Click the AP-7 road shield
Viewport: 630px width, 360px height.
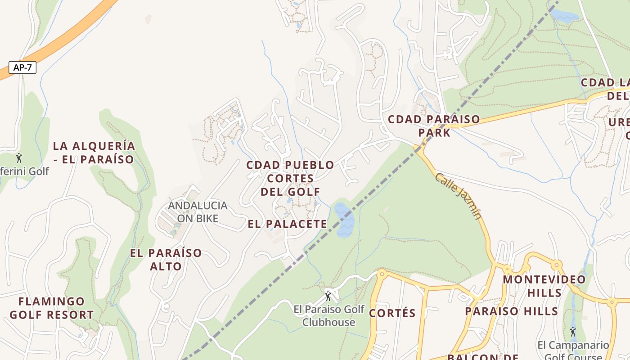[x=22, y=67]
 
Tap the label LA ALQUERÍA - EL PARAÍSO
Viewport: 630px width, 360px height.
[x=94, y=153]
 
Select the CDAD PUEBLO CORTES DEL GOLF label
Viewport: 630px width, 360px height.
[x=290, y=178]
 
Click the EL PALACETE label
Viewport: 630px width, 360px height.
[x=288, y=224]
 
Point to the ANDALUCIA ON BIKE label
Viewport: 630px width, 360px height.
[x=198, y=212]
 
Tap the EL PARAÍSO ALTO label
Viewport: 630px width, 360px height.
[x=166, y=259]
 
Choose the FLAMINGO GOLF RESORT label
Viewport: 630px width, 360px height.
[x=51, y=308]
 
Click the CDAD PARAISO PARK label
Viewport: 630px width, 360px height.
[x=434, y=126]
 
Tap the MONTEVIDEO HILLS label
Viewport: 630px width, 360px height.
[x=544, y=286]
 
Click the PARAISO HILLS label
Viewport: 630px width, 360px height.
[x=512, y=311]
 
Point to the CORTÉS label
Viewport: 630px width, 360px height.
[x=392, y=313]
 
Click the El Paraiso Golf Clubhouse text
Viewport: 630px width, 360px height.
[x=328, y=316]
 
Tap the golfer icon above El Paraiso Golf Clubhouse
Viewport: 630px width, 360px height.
[x=328, y=296]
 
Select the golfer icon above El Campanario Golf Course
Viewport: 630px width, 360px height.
[x=572, y=332]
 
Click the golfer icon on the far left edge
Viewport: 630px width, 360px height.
[x=19, y=158]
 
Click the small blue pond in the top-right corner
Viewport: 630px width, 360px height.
[x=564, y=17]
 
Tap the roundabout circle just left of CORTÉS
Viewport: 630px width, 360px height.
[x=382, y=273]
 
